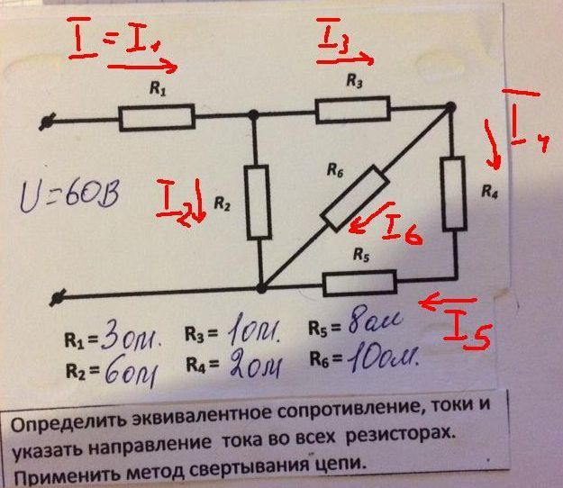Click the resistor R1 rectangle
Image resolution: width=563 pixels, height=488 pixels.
pyautogui.click(x=156, y=116)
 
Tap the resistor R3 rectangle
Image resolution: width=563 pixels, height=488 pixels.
pyautogui.click(x=352, y=110)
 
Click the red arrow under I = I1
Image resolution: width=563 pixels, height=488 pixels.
pyautogui.click(x=142, y=65)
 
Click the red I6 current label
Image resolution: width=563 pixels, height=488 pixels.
pyautogui.click(x=402, y=230)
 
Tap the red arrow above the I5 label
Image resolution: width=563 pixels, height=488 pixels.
pyautogui.click(x=447, y=303)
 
